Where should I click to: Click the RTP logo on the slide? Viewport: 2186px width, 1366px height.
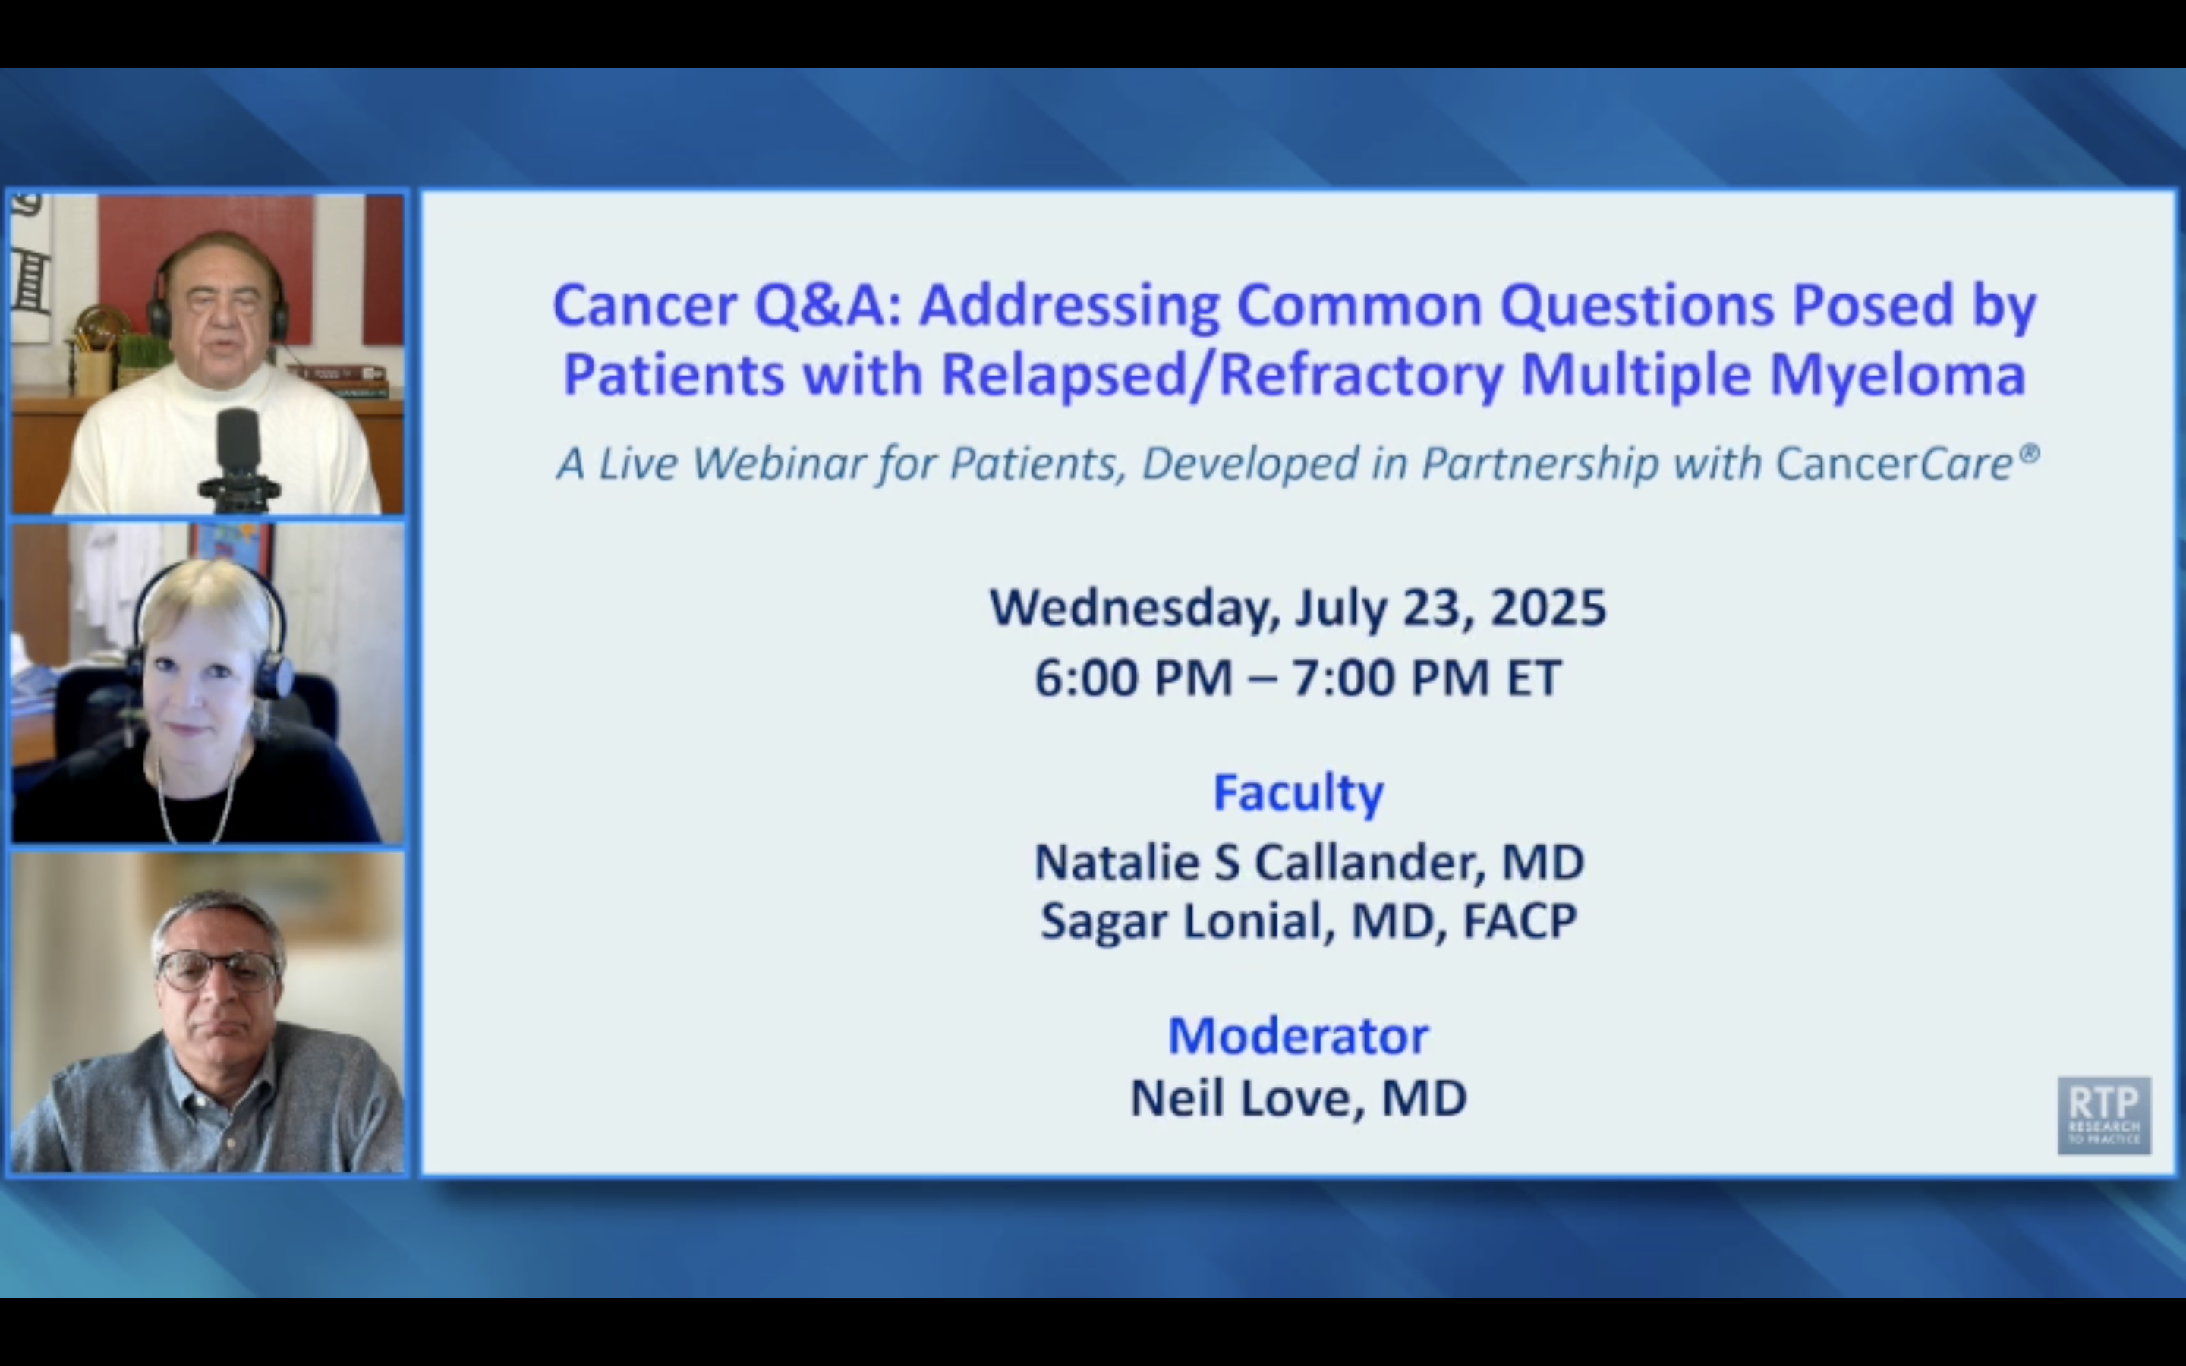click(x=2104, y=1115)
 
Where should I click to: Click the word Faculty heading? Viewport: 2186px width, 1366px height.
click(x=1298, y=792)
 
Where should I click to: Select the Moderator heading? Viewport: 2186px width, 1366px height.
click(x=1298, y=1035)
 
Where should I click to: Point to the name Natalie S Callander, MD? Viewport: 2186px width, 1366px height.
click(x=1309, y=862)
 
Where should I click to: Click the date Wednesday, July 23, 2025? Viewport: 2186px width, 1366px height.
click(x=1298, y=607)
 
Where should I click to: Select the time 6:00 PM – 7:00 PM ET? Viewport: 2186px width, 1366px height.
click(x=1298, y=678)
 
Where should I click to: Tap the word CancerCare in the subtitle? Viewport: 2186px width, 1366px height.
click(x=1895, y=464)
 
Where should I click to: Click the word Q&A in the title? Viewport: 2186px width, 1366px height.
click(x=828, y=305)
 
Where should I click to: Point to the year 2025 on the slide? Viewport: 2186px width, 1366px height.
click(x=1548, y=607)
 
